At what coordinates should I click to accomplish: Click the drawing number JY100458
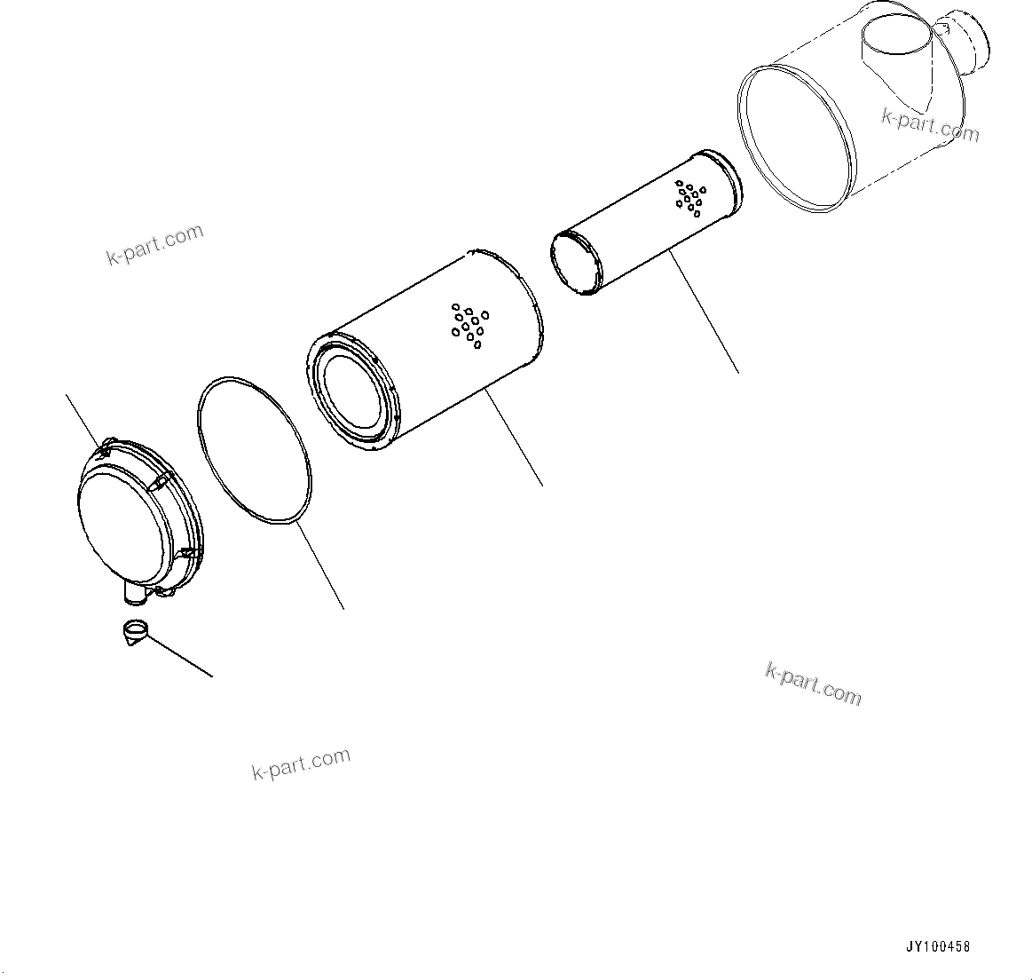[938, 946]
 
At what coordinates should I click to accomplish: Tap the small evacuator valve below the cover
[135, 632]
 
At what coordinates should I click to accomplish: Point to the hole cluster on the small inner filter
[689, 197]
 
